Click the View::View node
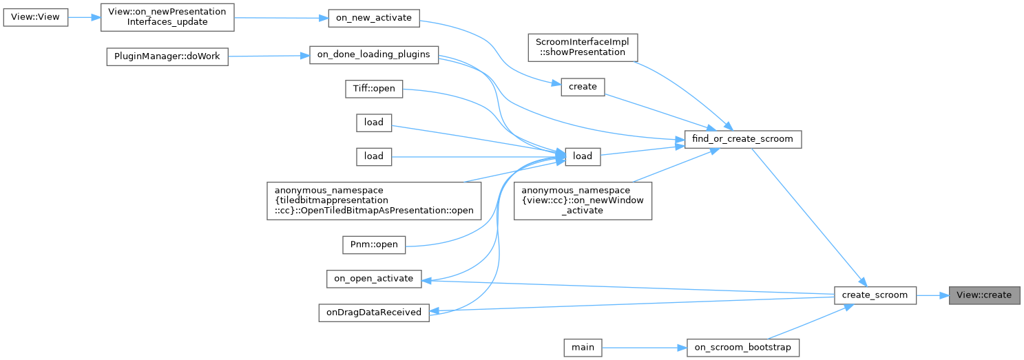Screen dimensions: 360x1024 [x=36, y=17]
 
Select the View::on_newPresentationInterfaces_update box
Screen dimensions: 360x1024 [x=167, y=17]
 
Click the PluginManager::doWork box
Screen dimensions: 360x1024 [x=166, y=56]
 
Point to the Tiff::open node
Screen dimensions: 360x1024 [x=373, y=89]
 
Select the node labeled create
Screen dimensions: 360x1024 [x=583, y=87]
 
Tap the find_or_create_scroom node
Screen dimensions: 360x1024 [x=744, y=139]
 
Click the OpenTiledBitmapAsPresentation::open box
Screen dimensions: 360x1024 [x=375, y=200]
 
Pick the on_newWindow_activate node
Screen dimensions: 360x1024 [x=583, y=200]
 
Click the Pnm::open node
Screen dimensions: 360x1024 [x=374, y=244]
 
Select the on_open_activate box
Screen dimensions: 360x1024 [x=373, y=279]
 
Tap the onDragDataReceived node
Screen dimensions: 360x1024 [x=373, y=312]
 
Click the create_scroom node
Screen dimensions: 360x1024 [x=875, y=295]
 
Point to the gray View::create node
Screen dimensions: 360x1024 [x=984, y=295]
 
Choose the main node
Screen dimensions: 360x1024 [x=583, y=348]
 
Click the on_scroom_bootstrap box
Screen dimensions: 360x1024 [x=743, y=348]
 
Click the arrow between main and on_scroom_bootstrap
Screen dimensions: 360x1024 [x=644, y=348]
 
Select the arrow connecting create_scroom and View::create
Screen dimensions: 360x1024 [x=932, y=295]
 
